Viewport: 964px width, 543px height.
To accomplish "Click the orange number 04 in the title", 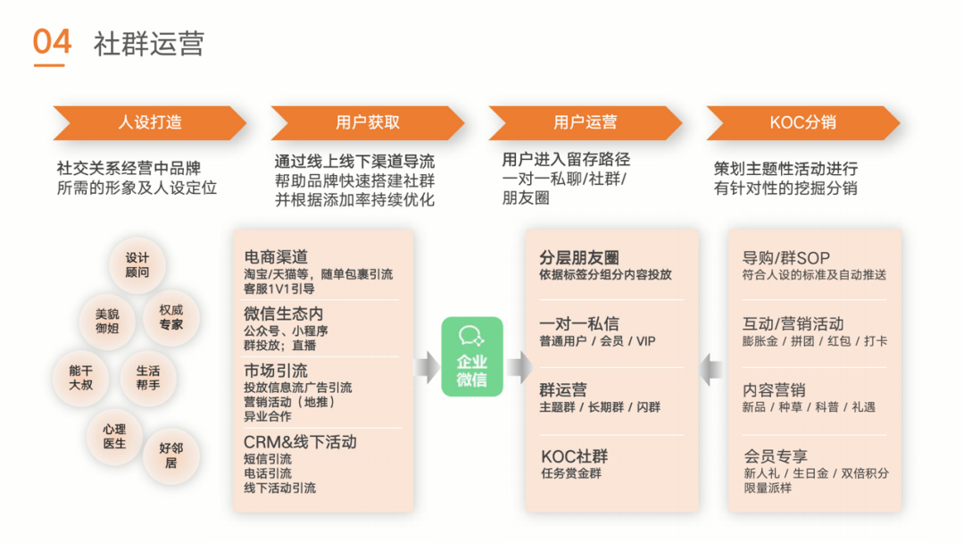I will [x=51, y=43].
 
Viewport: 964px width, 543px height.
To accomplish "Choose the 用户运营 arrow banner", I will [x=585, y=123].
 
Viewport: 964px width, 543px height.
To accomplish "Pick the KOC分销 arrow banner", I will [x=802, y=123].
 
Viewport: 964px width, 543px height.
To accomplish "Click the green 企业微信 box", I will [x=472, y=356].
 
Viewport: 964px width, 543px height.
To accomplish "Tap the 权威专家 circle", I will [x=170, y=317].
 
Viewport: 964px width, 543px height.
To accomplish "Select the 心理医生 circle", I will [x=114, y=436].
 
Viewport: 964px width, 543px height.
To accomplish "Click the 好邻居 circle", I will [x=170, y=455].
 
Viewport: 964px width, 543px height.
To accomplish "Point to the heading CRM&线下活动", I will [x=300, y=442].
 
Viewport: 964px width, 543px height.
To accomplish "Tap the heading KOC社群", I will [x=574, y=456].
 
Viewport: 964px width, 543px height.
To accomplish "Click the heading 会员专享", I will [x=775, y=456].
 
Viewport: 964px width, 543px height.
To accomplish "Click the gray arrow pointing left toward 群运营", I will [x=711, y=367].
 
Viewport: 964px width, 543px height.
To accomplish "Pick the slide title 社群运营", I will [x=148, y=44].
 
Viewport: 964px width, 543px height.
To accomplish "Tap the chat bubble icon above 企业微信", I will [x=471, y=336].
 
